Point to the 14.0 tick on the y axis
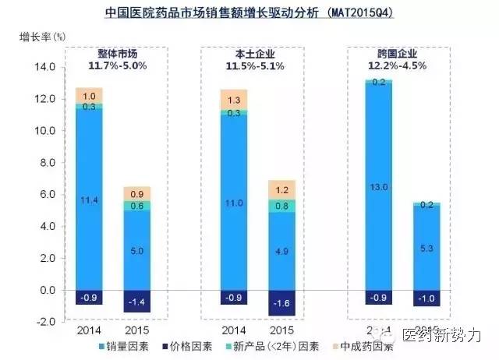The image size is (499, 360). point(42,68)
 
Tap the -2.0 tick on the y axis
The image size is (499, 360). point(42,321)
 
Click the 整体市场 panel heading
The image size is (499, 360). point(116,53)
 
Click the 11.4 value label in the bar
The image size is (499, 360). point(89,200)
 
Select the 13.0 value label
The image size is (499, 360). point(378,186)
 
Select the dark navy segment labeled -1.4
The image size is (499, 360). point(138,301)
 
